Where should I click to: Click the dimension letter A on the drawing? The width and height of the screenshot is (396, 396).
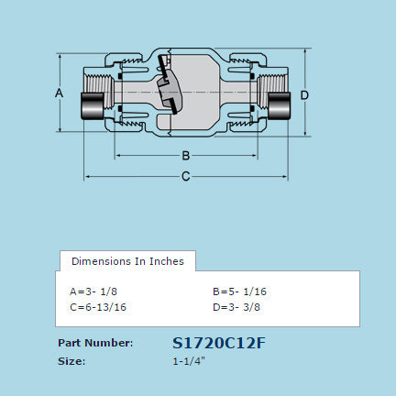(59, 93)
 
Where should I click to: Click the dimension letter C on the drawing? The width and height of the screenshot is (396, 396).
(185, 175)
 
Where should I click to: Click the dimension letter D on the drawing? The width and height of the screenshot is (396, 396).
(304, 94)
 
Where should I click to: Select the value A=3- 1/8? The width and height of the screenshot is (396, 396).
(94, 291)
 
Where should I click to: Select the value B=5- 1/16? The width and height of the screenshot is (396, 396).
(239, 291)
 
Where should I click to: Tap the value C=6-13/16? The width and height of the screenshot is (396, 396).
(98, 307)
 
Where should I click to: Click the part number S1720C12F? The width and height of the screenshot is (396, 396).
(219, 343)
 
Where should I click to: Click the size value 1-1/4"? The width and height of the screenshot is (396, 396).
(189, 361)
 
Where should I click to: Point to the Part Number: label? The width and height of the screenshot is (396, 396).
(95, 343)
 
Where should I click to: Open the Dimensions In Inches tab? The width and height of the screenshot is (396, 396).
(127, 261)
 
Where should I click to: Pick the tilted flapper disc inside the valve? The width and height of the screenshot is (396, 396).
(167, 89)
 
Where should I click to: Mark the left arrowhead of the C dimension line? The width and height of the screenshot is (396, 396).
(88, 175)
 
